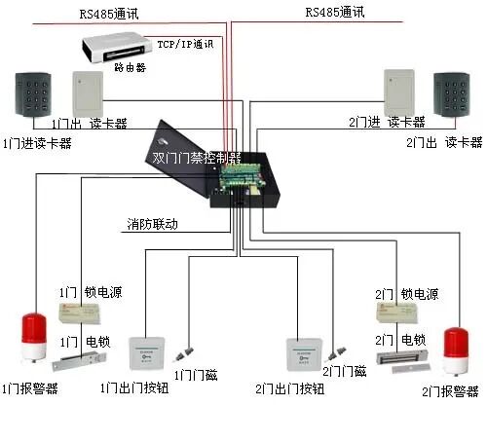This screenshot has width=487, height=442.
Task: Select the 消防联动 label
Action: point(153,225)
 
